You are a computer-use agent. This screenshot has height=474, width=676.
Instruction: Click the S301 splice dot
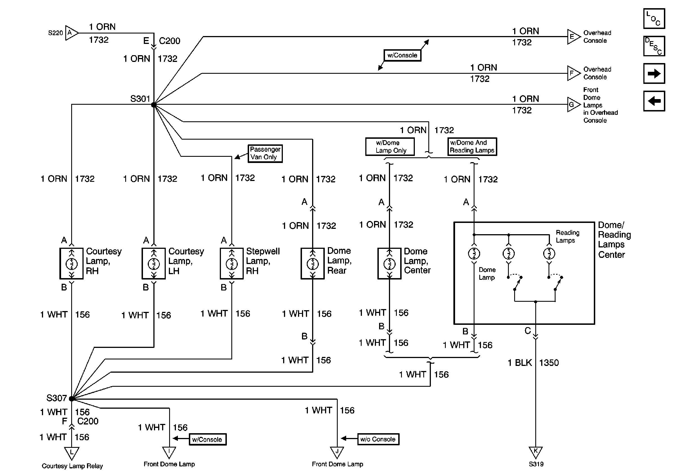pos(154,105)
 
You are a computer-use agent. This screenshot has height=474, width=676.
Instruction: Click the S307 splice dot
pos(71,399)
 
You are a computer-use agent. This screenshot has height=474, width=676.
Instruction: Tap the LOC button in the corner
pos(654,19)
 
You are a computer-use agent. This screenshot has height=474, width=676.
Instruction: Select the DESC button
pos(654,46)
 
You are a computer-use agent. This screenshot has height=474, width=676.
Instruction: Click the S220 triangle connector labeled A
pos(71,33)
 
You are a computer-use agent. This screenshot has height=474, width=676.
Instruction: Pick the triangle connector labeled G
pos(573,104)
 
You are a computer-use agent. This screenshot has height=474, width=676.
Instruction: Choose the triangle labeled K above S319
pos(536,452)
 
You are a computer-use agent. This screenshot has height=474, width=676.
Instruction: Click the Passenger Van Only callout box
pos(265,153)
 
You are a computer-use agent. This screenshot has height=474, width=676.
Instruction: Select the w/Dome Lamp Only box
pos(390,147)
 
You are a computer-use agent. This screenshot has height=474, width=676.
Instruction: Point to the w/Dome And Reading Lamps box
pos(472,147)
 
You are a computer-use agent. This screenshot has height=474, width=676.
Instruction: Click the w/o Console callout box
pos(378,439)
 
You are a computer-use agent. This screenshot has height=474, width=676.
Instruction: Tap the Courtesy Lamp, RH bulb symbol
pos(71,264)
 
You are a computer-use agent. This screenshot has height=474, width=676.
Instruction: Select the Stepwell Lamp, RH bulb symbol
pos(232,264)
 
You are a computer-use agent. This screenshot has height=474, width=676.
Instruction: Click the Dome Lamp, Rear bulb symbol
pos(313,264)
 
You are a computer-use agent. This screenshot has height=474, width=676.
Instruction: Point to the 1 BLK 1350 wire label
pos(533,363)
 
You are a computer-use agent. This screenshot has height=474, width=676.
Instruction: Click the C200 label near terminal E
pos(170,41)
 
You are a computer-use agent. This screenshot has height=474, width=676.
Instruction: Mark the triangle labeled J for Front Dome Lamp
pos(337,452)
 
